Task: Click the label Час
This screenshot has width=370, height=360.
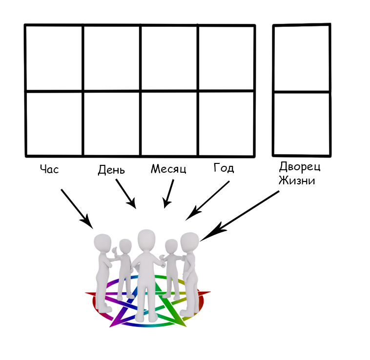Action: (49, 169)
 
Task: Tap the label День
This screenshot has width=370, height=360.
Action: (111, 170)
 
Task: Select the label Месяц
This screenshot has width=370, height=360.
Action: (168, 169)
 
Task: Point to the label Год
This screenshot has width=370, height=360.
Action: (224, 168)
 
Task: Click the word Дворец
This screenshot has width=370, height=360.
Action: (300, 166)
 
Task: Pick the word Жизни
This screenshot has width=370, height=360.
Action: (297, 180)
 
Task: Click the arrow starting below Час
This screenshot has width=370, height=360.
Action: (77, 208)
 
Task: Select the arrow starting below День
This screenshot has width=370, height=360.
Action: (125, 193)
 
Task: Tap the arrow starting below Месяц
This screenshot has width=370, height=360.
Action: (169, 194)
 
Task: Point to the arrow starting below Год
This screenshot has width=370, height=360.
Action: (208, 200)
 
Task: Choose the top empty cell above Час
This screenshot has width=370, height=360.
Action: (54, 58)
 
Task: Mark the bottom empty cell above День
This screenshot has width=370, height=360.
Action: (112, 123)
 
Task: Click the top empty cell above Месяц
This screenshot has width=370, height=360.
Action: (169, 58)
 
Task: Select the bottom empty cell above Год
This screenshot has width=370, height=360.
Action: (226, 123)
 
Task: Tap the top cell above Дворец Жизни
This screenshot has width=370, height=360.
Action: (302, 58)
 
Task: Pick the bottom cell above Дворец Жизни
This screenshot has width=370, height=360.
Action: (302, 123)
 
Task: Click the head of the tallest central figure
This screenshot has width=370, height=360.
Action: (146, 239)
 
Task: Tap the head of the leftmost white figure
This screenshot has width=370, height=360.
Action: (103, 243)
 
